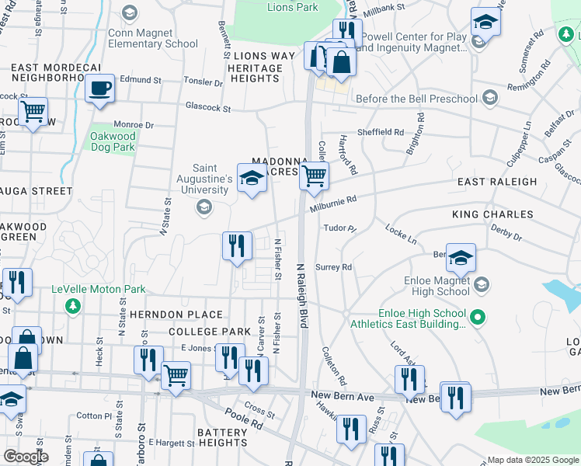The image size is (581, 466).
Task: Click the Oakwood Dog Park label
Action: click(113, 141)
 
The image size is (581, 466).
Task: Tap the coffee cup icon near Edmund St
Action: click(99, 89)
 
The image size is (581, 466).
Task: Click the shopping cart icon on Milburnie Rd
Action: click(314, 176)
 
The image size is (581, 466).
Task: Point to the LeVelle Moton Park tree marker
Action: click(73, 305)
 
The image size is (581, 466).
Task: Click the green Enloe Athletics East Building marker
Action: click(479, 316)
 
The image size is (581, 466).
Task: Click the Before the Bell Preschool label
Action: click(416, 99)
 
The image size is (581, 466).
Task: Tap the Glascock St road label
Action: click(208, 109)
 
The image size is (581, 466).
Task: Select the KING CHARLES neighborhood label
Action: click(492, 214)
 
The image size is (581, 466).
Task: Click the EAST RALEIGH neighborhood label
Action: click(497, 182)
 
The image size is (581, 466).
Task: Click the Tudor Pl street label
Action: click(339, 229)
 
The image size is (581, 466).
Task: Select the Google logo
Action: click(25, 457)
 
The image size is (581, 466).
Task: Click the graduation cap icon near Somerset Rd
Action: click(485, 22)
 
